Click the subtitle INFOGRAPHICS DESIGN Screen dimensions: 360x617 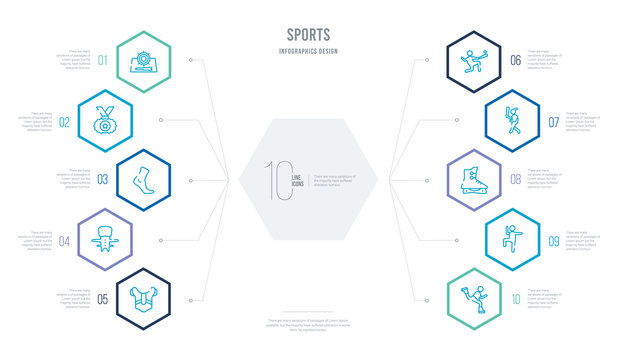click(x=308, y=49)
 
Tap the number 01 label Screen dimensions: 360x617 click(x=103, y=59)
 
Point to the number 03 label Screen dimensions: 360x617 click(x=102, y=179)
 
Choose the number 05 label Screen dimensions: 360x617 click(x=103, y=298)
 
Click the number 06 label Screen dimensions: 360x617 click(x=514, y=61)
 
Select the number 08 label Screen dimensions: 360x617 click(x=514, y=180)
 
